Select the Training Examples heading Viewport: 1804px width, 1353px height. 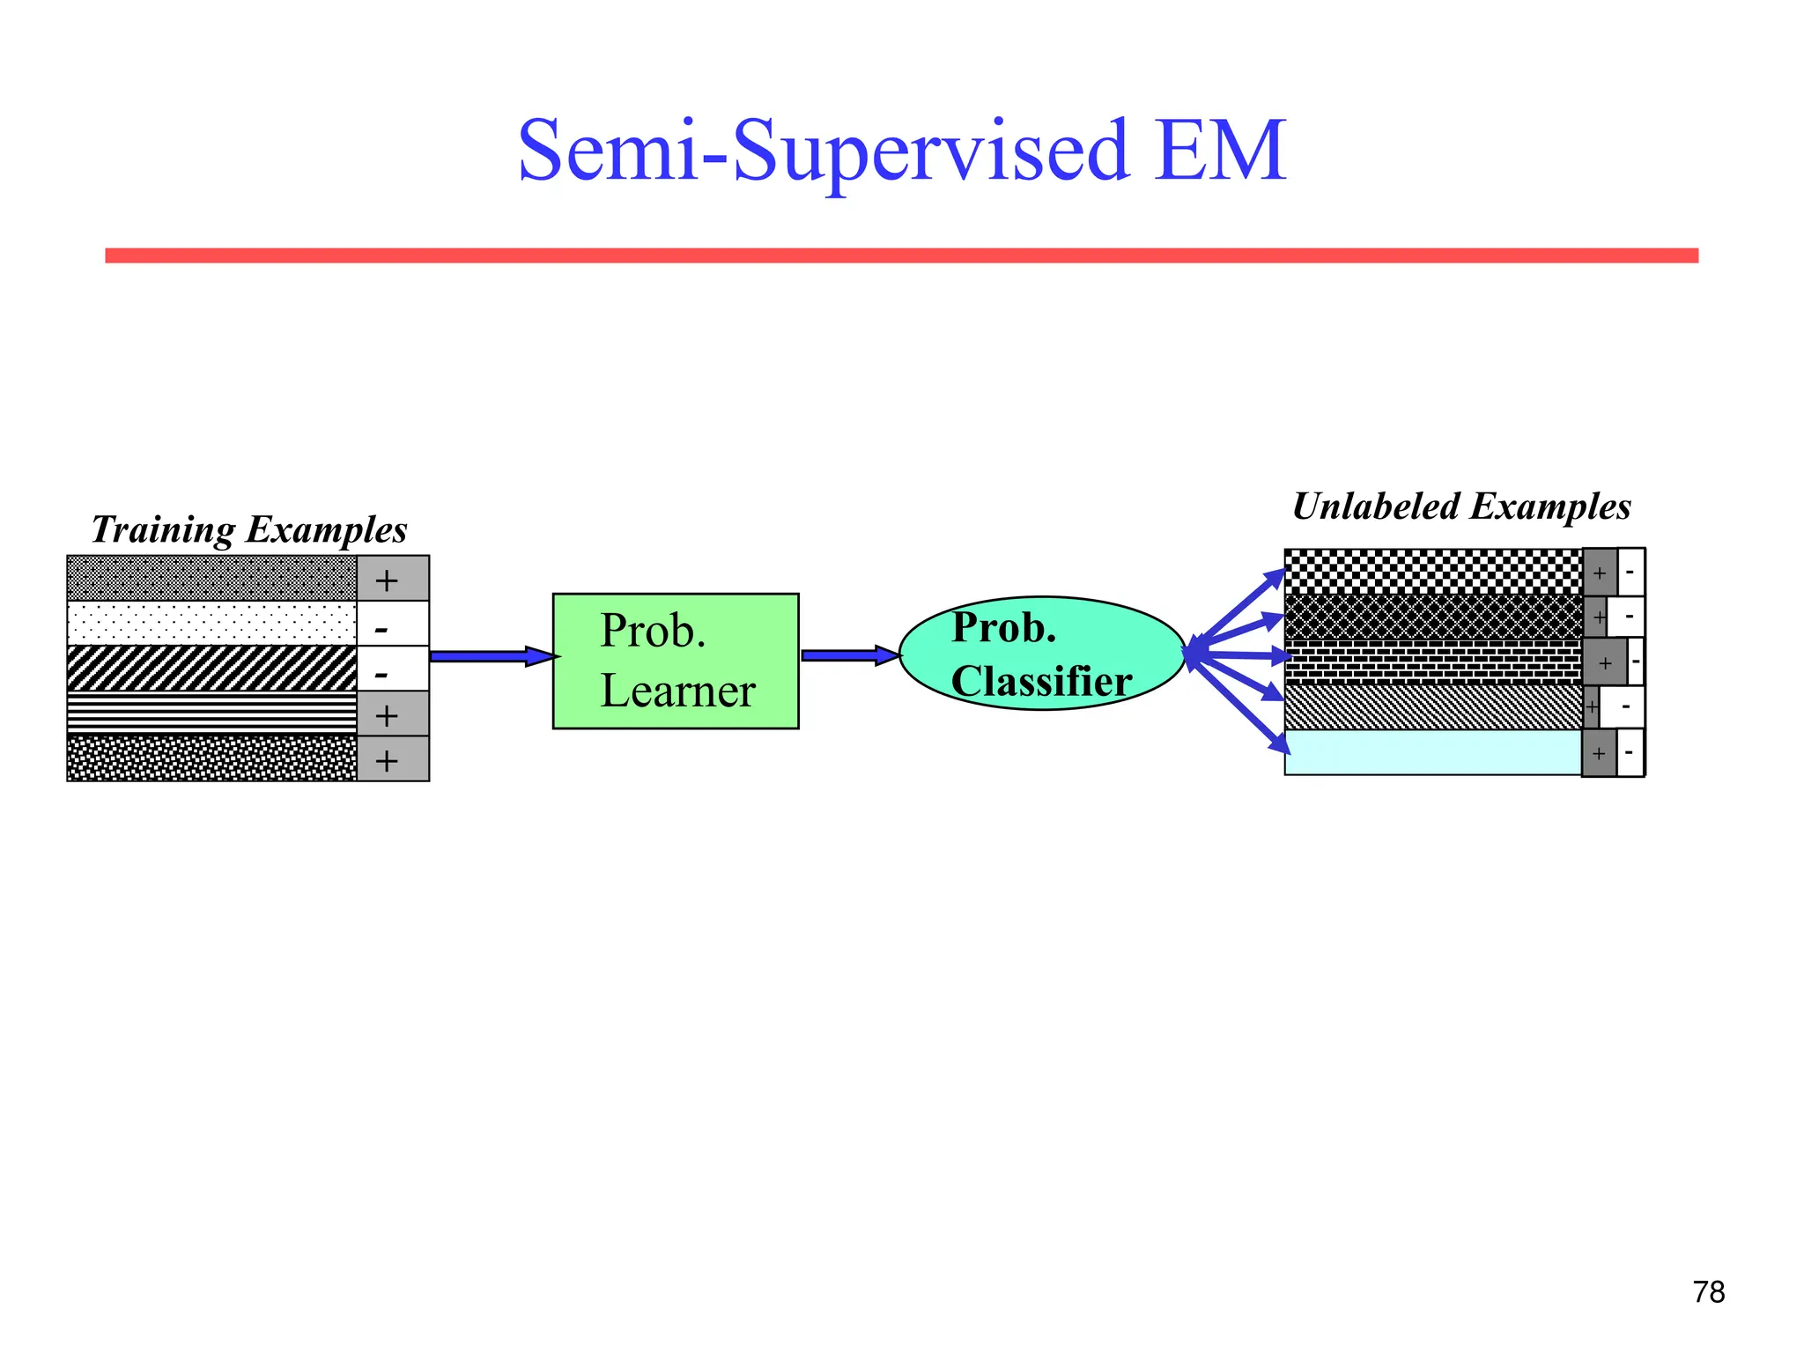[x=249, y=530]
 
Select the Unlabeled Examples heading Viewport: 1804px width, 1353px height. [x=1461, y=507]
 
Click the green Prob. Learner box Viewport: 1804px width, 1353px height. [x=676, y=661]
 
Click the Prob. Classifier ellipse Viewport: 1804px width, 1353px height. [x=1042, y=654]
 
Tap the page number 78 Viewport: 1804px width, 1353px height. [x=1708, y=1292]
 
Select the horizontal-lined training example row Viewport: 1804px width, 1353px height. [x=211, y=713]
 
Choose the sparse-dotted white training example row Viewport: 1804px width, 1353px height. [x=211, y=624]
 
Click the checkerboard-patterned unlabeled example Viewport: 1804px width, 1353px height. [x=1433, y=573]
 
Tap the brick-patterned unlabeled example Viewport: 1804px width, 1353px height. [x=1433, y=662]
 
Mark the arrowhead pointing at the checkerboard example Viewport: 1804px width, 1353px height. [x=1275, y=578]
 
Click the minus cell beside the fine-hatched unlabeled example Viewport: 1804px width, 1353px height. [x=1623, y=707]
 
